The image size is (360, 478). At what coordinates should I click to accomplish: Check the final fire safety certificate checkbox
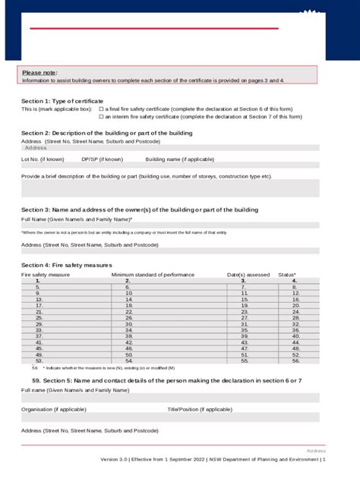tap(101, 109)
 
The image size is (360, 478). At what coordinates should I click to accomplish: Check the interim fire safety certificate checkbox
tap(101, 117)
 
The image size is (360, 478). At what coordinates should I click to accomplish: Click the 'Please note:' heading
tap(39, 72)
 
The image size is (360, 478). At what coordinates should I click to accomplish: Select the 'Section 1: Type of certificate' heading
tap(62, 101)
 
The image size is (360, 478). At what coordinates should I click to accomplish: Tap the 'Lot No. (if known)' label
tap(43, 160)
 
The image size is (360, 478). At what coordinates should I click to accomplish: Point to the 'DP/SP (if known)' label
tap(102, 160)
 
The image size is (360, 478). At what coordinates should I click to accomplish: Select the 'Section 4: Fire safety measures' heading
tap(67, 265)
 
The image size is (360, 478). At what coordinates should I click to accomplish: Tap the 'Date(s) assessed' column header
tap(248, 274)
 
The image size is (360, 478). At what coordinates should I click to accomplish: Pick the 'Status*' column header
tap(287, 274)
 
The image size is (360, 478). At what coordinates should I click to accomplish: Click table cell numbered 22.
tap(129, 312)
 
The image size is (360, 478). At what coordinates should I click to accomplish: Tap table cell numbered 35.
tap(244, 330)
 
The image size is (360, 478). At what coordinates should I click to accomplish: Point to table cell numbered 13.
tap(38, 300)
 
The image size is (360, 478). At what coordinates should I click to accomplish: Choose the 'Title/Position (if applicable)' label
tap(200, 409)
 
